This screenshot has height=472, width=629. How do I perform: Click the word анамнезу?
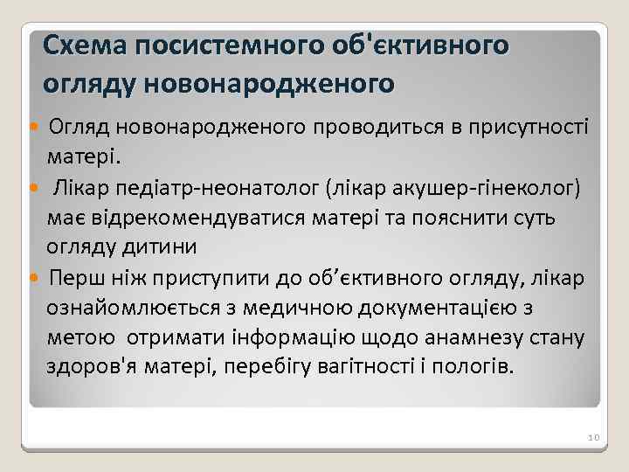467,337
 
